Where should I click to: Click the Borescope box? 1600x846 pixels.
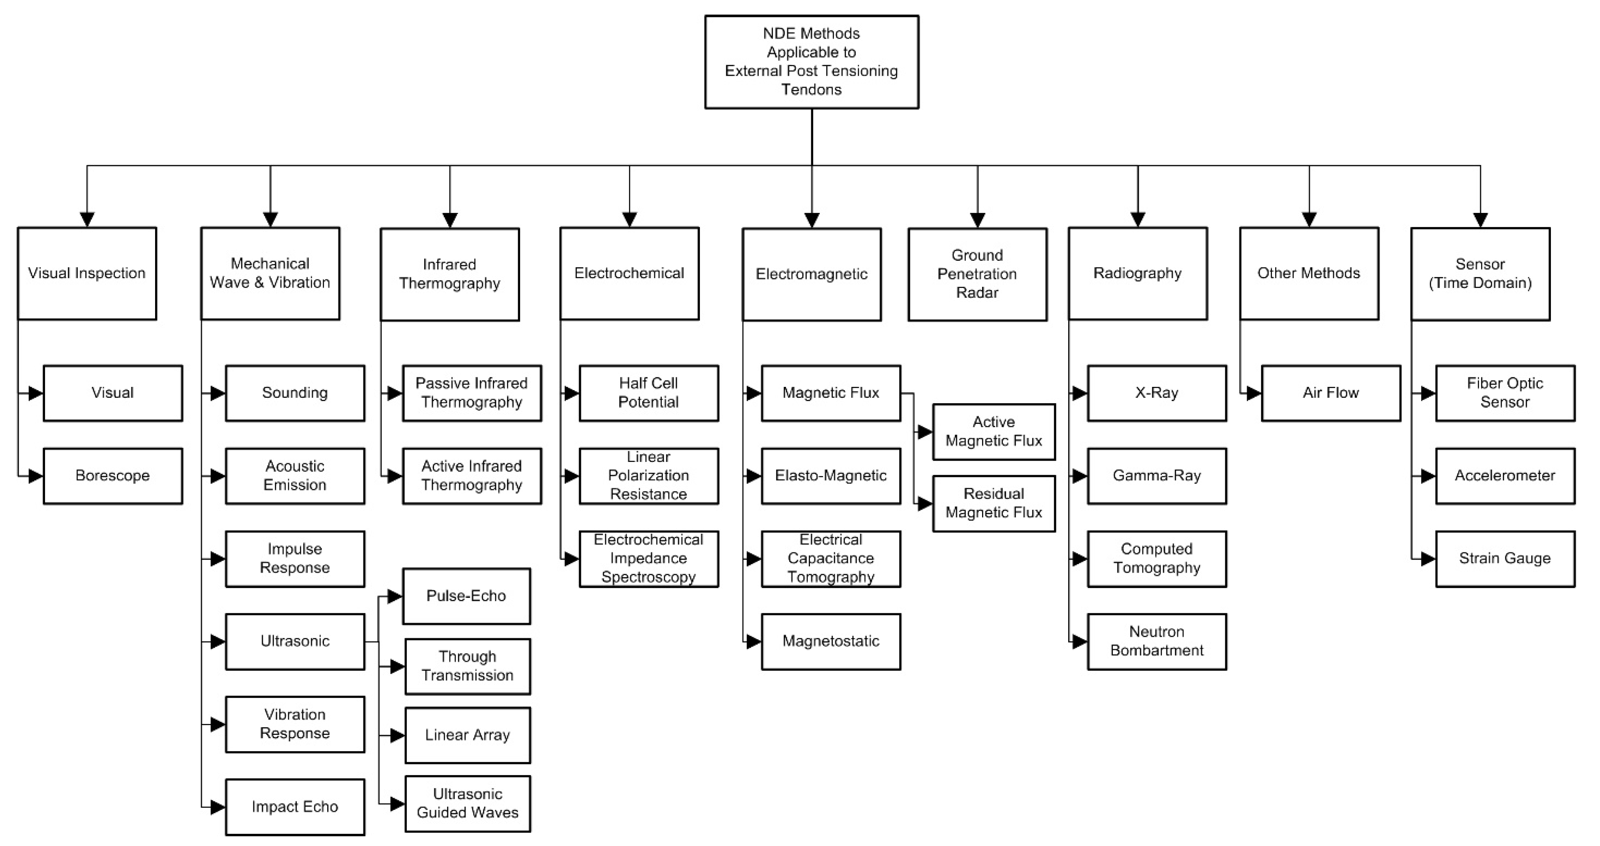tap(112, 476)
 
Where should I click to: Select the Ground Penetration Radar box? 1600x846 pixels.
tap(977, 274)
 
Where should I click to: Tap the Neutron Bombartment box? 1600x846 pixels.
tap(1157, 642)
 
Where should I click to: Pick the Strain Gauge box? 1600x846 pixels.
tap(1504, 558)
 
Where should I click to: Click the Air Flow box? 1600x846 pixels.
tap(1330, 393)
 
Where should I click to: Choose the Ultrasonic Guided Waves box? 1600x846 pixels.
tap(467, 804)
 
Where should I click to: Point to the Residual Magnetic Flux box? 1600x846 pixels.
tap(993, 503)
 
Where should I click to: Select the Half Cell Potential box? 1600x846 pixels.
tap(648, 393)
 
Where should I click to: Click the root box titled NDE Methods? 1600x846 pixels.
tap(811, 62)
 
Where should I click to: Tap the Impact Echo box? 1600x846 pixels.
tap(294, 807)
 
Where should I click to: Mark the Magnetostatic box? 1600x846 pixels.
tap(830, 642)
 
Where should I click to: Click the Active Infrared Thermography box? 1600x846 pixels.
tap(471, 476)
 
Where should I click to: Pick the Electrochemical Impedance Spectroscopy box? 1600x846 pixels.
tap(648, 558)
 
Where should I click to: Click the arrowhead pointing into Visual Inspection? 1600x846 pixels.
tap(87, 220)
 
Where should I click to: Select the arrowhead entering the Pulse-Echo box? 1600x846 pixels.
tap(394, 597)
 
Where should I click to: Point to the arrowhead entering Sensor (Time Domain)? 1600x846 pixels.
tap(1480, 220)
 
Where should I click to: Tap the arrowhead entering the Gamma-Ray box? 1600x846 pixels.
tap(1079, 476)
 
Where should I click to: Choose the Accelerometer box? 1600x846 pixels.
tap(1504, 476)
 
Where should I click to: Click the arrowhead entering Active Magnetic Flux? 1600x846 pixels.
tap(924, 432)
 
